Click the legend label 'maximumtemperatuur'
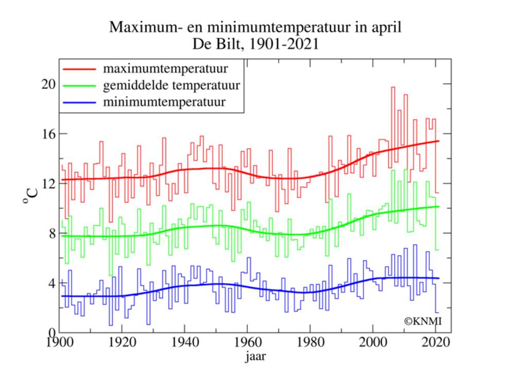165,68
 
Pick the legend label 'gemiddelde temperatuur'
171,85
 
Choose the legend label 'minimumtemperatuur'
164,101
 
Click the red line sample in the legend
79,68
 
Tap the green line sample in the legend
79,85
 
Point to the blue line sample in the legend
79,101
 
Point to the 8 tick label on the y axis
51,233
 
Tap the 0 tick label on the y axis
51,333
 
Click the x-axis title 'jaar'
255,356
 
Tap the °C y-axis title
30,196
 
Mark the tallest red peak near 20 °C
393,87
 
